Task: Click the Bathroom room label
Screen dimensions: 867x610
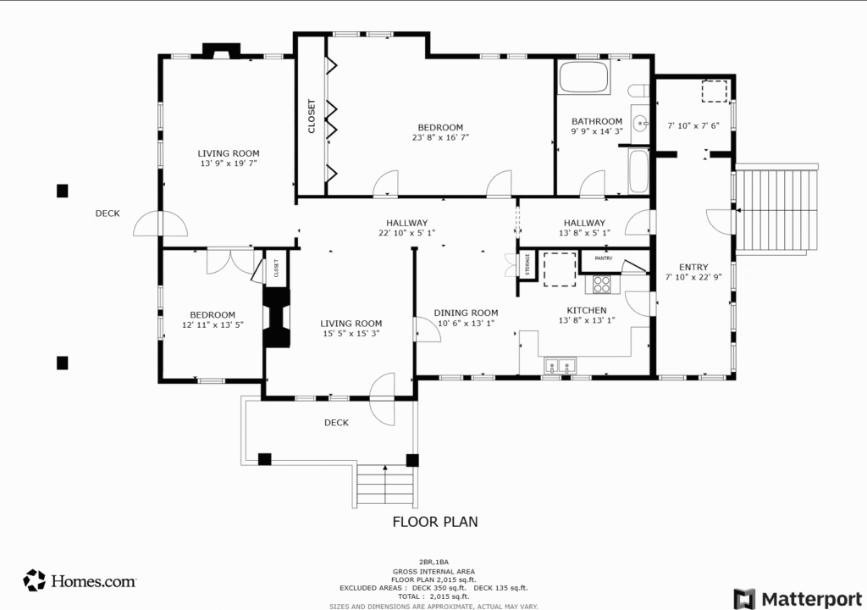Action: [x=597, y=121]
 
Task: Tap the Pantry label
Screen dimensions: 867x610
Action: [x=604, y=258]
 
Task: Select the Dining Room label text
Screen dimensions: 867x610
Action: [x=466, y=313]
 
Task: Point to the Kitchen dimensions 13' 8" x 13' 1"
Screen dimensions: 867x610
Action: [x=587, y=320]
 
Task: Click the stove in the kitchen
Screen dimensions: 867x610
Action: [x=602, y=285]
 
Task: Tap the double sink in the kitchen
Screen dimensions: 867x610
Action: [x=560, y=366]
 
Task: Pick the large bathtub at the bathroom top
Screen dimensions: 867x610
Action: [x=584, y=77]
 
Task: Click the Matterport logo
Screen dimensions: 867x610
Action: [x=798, y=599]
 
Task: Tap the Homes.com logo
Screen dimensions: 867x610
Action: [x=80, y=580]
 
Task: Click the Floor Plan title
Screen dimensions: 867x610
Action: [x=435, y=522]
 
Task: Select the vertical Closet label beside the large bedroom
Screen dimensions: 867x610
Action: [x=312, y=116]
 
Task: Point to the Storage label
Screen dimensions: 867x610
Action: [x=527, y=264]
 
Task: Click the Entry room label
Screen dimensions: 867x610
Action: [x=693, y=268]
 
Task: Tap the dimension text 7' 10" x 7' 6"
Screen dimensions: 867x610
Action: [x=693, y=126]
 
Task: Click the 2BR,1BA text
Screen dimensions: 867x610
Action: [x=433, y=563]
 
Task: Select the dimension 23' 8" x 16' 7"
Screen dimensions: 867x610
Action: [x=440, y=138]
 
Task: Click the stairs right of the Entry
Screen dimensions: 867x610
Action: [x=776, y=209]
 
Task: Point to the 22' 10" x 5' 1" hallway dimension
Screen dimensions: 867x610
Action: [x=407, y=233]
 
